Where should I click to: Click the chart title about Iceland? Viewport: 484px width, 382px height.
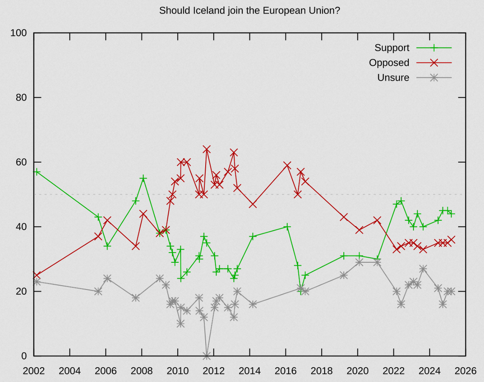pyautogui.click(x=249, y=11)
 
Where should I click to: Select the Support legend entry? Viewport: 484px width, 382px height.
pyautogui.click(x=392, y=48)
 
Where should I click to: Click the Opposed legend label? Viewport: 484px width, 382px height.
pyautogui.click(x=389, y=63)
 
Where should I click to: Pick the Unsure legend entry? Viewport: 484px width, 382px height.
pyautogui.click(x=393, y=78)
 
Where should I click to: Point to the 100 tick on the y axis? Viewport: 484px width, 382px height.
pyautogui.click(x=19, y=33)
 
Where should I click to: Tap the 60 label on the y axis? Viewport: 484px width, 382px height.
pyautogui.click(x=21, y=162)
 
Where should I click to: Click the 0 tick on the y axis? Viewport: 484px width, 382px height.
pyautogui.click(x=24, y=356)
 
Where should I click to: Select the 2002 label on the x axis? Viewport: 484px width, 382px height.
pyautogui.click(x=34, y=371)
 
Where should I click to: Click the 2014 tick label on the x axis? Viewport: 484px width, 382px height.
pyautogui.click(x=250, y=371)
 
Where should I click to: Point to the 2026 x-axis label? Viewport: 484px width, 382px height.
pyautogui.click(x=466, y=371)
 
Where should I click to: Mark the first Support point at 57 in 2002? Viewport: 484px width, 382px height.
pyautogui.click(x=37, y=172)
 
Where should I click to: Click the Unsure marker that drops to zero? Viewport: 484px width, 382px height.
pyautogui.click(x=207, y=355)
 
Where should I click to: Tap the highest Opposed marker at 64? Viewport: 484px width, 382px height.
pyautogui.click(x=207, y=149)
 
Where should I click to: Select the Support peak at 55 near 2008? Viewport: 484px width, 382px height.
pyautogui.click(x=143, y=178)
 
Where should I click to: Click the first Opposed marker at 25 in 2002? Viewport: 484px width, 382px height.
pyautogui.click(x=37, y=275)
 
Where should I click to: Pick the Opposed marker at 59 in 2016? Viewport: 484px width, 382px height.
pyautogui.click(x=287, y=165)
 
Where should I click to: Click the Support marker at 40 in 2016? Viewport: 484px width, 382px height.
pyautogui.click(x=287, y=227)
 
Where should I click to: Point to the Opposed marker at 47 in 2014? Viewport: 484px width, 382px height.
pyautogui.click(x=253, y=204)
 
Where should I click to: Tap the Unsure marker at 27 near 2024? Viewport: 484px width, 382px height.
pyautogui.click(x=423, y=269)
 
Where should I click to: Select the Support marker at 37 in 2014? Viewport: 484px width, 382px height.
pyautogui.click(x=253, y=236)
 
